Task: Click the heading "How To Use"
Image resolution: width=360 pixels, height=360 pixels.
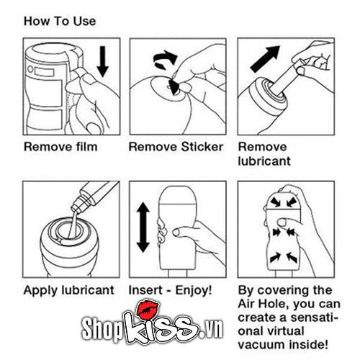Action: point(60,21)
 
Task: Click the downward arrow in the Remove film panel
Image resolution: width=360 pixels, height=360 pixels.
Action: point(103,61)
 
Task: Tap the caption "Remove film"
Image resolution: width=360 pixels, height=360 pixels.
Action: point(60,147)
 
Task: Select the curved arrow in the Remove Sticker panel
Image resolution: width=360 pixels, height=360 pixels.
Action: point(165,59)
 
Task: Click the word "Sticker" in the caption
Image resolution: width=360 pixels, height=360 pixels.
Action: point(202,147)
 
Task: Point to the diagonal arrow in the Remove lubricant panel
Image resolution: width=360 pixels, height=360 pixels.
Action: point(265,59)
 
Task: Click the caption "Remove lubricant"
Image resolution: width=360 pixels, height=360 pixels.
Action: point(264,154)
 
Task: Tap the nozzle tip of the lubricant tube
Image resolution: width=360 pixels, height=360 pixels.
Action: point(74,210)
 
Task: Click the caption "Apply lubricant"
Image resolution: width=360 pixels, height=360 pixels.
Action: point(69,290)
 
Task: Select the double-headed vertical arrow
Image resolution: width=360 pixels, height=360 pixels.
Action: point(143,227)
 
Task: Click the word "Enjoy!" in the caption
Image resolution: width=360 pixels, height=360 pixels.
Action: point(194,290)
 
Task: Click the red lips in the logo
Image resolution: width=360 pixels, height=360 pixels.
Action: point(148,310)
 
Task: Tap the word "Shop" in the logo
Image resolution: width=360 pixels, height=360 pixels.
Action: point(102,328)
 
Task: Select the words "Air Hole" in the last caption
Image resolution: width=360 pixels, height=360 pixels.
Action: point(263,305)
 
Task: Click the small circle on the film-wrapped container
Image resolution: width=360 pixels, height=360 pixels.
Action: point(30,69)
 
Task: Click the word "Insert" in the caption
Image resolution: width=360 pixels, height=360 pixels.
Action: point(145,290)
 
